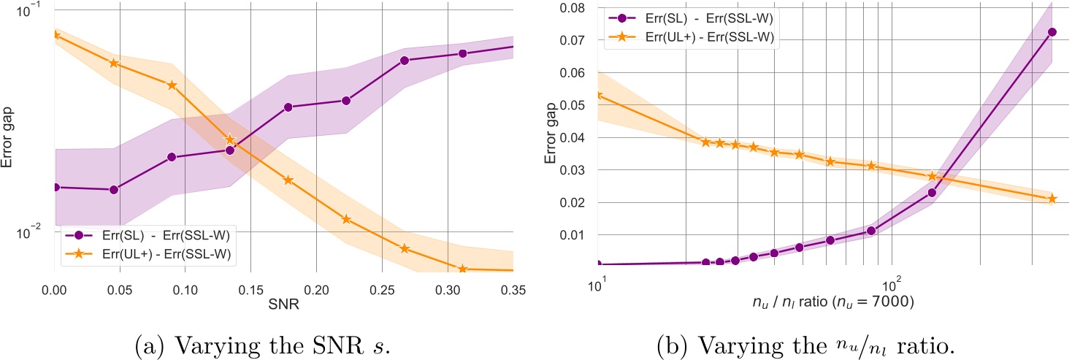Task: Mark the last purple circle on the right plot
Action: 1052,53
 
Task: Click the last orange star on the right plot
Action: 1052,199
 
